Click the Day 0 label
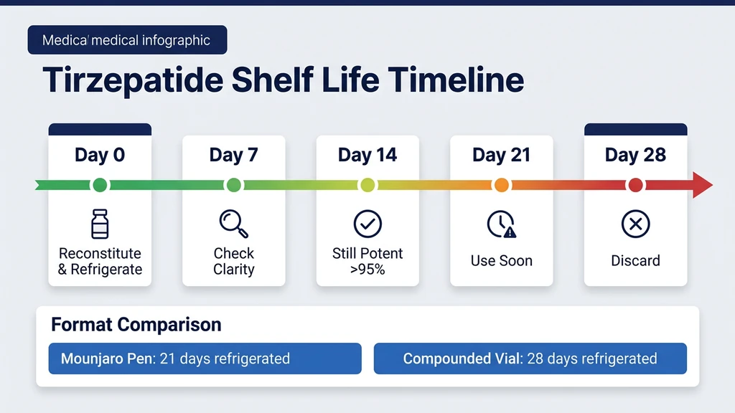[100, 155]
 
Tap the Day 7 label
[233, 155]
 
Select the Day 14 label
[367, 155]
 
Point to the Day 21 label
[501, 155]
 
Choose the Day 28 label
[635, 155]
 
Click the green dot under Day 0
[100, 186]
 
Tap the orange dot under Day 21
[501, 186]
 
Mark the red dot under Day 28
[635, 186]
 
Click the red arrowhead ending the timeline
[702, 186]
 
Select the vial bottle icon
[100, 224]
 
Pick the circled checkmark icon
[367, 224]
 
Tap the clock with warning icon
[501, 225]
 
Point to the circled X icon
[635, 224]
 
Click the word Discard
[635, 261]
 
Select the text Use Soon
[501, 261]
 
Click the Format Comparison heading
[136, 325]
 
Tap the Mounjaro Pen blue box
[205, 359]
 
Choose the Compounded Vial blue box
[530, 359]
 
